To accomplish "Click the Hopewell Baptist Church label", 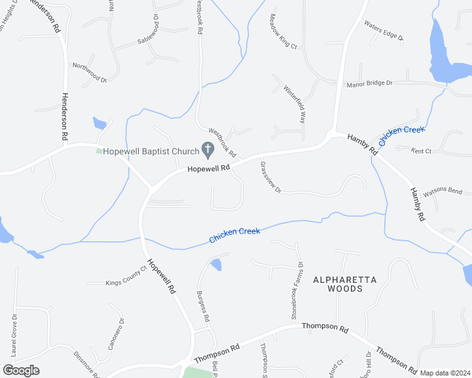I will point(151,151).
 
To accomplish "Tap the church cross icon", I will point(207,149).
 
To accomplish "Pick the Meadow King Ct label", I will point(283,31).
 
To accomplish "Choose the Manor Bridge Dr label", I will point(369,83).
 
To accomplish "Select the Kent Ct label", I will point(421,151).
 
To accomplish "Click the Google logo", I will point(21,370).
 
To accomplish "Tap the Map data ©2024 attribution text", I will point(445,373).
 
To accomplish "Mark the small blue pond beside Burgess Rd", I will point(216,265).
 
